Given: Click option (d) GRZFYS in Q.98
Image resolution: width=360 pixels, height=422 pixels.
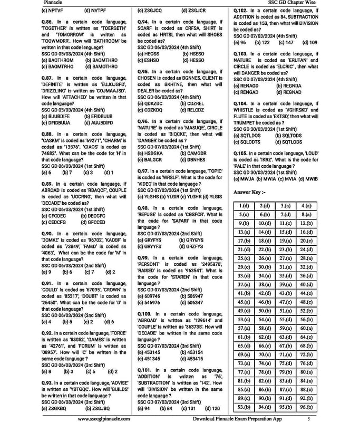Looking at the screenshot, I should coord(191,246).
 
